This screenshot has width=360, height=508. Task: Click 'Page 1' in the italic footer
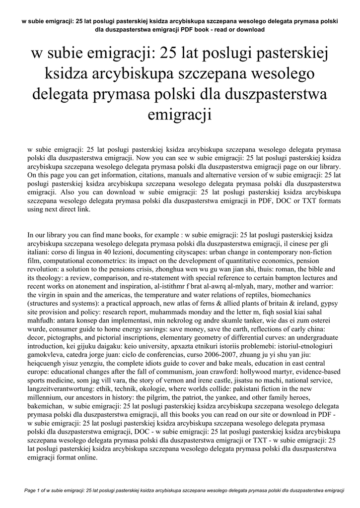click(x=33, y=491)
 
